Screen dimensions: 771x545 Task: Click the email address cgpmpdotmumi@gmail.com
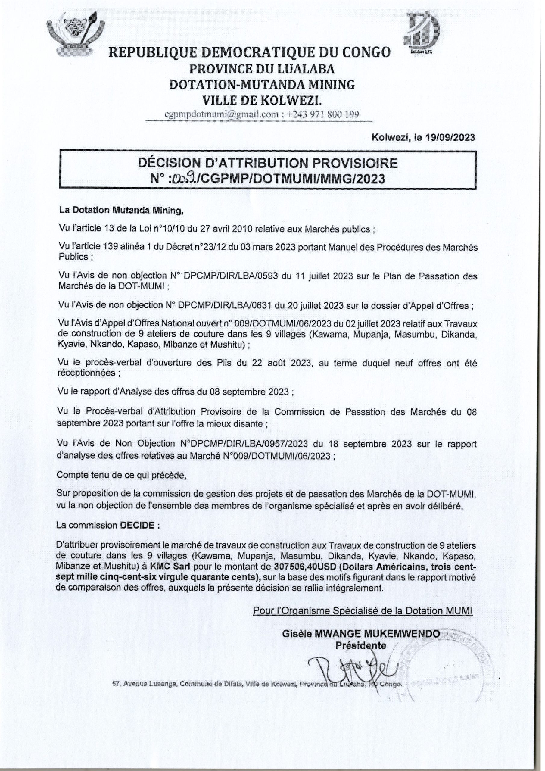(221, 114)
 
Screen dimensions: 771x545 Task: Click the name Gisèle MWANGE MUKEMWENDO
(360, 633)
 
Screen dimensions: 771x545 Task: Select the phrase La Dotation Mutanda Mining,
(121, 211)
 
